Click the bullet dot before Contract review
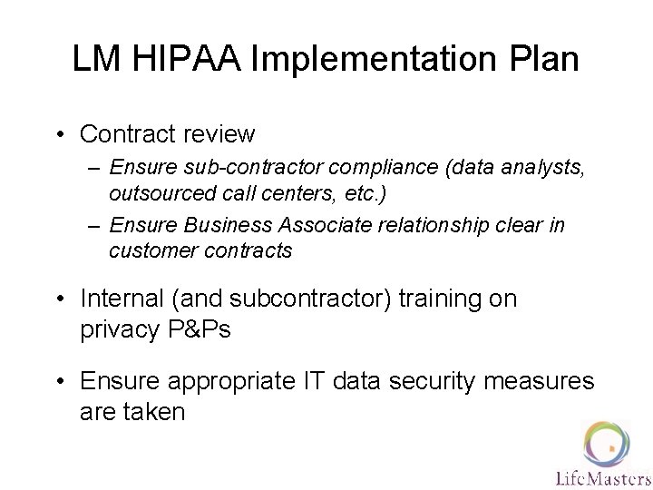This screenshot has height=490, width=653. (x=60, y=135)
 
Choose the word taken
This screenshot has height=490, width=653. (x=153, y=412)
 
